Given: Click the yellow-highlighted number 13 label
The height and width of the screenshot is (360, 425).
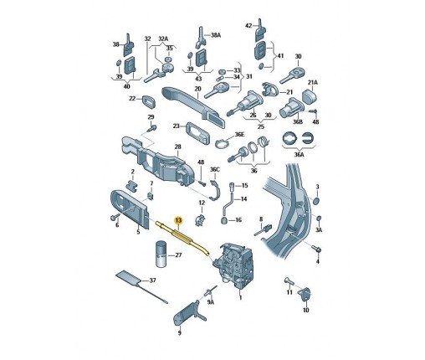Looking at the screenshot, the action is click(x=178, y=220).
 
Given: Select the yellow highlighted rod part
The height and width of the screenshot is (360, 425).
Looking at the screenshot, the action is click(x=182, y=238).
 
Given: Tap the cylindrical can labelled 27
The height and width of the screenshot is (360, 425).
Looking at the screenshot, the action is click(x=161, y=254).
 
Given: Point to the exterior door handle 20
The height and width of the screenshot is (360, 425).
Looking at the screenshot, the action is click(x=193, y=106).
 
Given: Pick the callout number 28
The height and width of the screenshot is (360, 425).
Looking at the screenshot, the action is click(x=177, y=147).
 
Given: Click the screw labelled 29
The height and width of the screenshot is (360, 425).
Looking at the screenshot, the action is click(x=151, y=128).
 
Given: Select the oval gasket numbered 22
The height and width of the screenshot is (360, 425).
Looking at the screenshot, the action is click(x=149, y=101).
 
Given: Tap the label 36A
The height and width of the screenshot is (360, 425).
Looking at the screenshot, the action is click(x=299, y=154).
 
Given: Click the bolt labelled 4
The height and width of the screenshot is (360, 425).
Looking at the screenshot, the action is click(x=316, y=249).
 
